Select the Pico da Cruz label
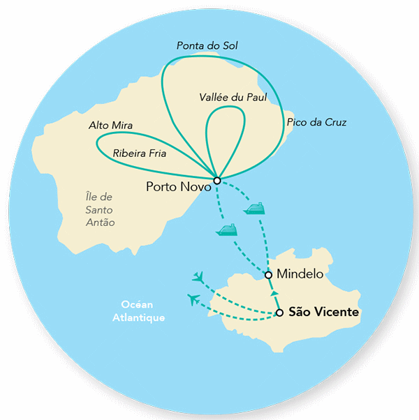pos(316,123)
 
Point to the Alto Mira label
pos(111,126)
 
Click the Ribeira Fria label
pos(140,153)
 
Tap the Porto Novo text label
pos(175,187)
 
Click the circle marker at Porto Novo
pos(217,181)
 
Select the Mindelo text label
pos(300,274)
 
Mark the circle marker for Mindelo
pos(269,275)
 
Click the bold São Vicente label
pos(323,313)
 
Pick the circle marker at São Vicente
pos(279,313)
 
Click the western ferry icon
pos(227,230)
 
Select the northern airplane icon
pos(200,278)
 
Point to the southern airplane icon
pos(194,300)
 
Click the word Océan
pos(138,305)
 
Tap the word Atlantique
pos(138,317)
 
